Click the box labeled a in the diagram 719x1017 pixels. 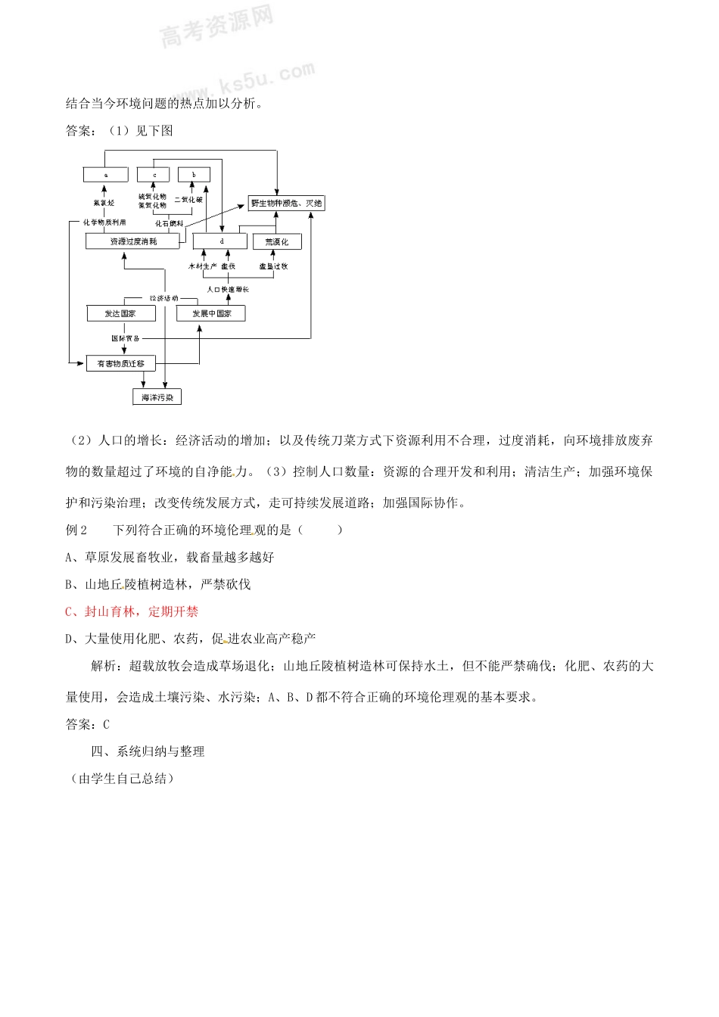pos(105,175)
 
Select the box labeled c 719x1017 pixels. pos(154,175)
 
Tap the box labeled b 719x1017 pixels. pos(194,175)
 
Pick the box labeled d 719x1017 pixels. pos(220,241)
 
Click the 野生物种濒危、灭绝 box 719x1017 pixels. pos(286,203)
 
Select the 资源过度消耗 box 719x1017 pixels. pos(133,241)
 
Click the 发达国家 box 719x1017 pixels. pos(121,313)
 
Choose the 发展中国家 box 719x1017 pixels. pos(211,313)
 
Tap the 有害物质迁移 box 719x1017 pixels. pos(121,364)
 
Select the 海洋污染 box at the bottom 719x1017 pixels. pos(157,397)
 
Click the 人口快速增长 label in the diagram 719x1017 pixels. pos(228,290)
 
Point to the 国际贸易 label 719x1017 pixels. pos(126,338)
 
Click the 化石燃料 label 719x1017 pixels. pos(170,224)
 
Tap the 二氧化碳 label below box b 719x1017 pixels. pos(188,200)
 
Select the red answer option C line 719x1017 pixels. pos(132,611)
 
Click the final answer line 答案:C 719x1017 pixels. pos(88,724)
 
